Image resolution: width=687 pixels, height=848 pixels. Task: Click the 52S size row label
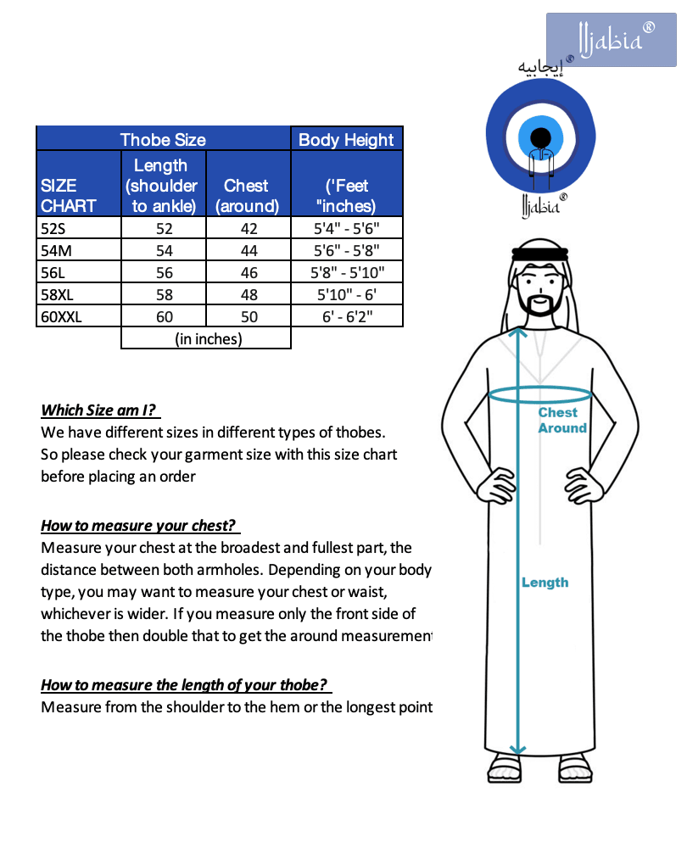(x=53, y=228)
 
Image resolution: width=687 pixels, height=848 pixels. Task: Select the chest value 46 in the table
(x=249, y=272)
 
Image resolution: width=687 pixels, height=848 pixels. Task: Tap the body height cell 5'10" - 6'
(x=346, y=294)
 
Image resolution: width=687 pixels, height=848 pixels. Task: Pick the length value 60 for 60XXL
(x=164, y=316)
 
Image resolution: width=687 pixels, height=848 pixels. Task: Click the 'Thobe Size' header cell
(x=163, y=140)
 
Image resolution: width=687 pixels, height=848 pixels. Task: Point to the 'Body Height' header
(x=346, y=140)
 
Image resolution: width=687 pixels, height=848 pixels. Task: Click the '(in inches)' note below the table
(x=208, y=338)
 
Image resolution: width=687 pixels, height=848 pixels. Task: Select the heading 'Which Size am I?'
(x=100, y=410)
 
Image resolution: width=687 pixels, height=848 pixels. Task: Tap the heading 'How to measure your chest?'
(x=137, y=526)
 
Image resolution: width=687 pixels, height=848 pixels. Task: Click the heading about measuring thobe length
(x=184, y=685)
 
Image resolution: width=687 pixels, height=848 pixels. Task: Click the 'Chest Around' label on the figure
(x=561, y=421)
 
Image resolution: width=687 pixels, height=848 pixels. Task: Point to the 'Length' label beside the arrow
(x=545, y=583)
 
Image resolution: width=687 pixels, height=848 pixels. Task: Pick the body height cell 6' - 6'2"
(x=346, y=316)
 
